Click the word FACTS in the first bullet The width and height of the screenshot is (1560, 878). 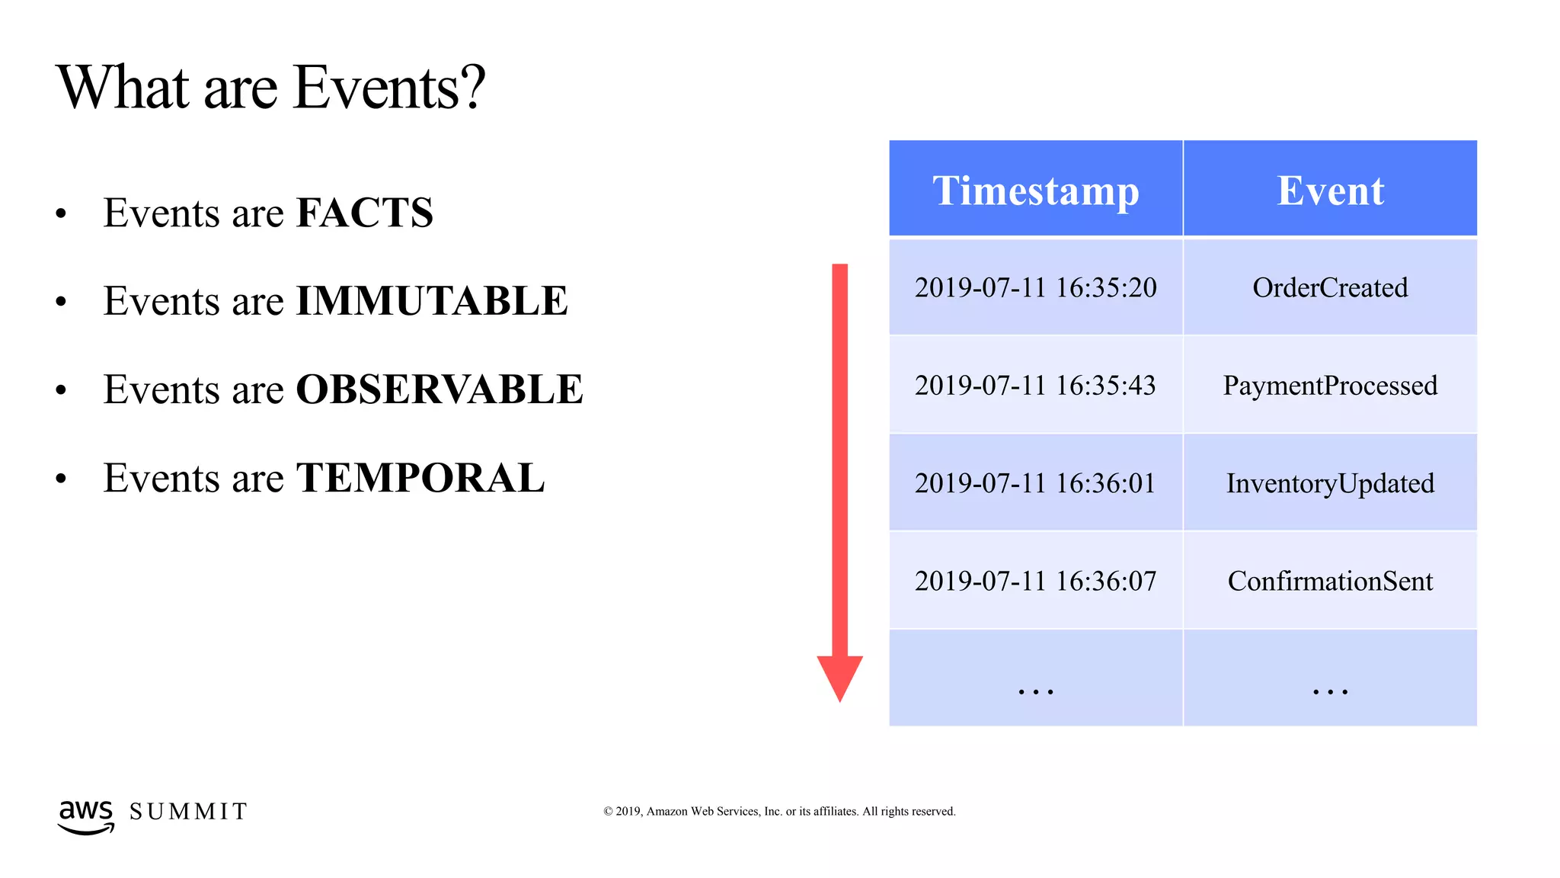point(364,213)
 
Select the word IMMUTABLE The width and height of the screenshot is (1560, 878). point(431,301)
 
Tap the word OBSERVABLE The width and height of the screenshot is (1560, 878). point(439,389)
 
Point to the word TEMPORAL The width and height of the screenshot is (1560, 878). point(420,479)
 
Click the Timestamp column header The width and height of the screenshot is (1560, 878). point(1035,191)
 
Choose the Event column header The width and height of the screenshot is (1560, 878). point(1330,191)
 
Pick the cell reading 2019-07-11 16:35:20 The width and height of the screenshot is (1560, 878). point(1035,288)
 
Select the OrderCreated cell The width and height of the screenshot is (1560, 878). point(1330,288)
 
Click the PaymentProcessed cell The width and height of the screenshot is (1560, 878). point(1330,386)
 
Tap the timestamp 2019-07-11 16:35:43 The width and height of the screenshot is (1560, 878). point(1035,386)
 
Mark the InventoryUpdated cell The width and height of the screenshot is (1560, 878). point(1330,483)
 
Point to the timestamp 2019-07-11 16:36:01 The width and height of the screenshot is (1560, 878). point(1035,483)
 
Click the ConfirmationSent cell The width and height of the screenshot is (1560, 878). point(1330,581)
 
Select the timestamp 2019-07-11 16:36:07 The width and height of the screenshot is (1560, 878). point(1035,581)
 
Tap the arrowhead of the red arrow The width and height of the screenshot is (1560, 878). point(839,675)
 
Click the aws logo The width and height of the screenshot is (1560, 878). point(86,816)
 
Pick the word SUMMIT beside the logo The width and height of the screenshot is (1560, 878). point(188,812)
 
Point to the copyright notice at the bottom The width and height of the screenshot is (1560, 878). point(779,812)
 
